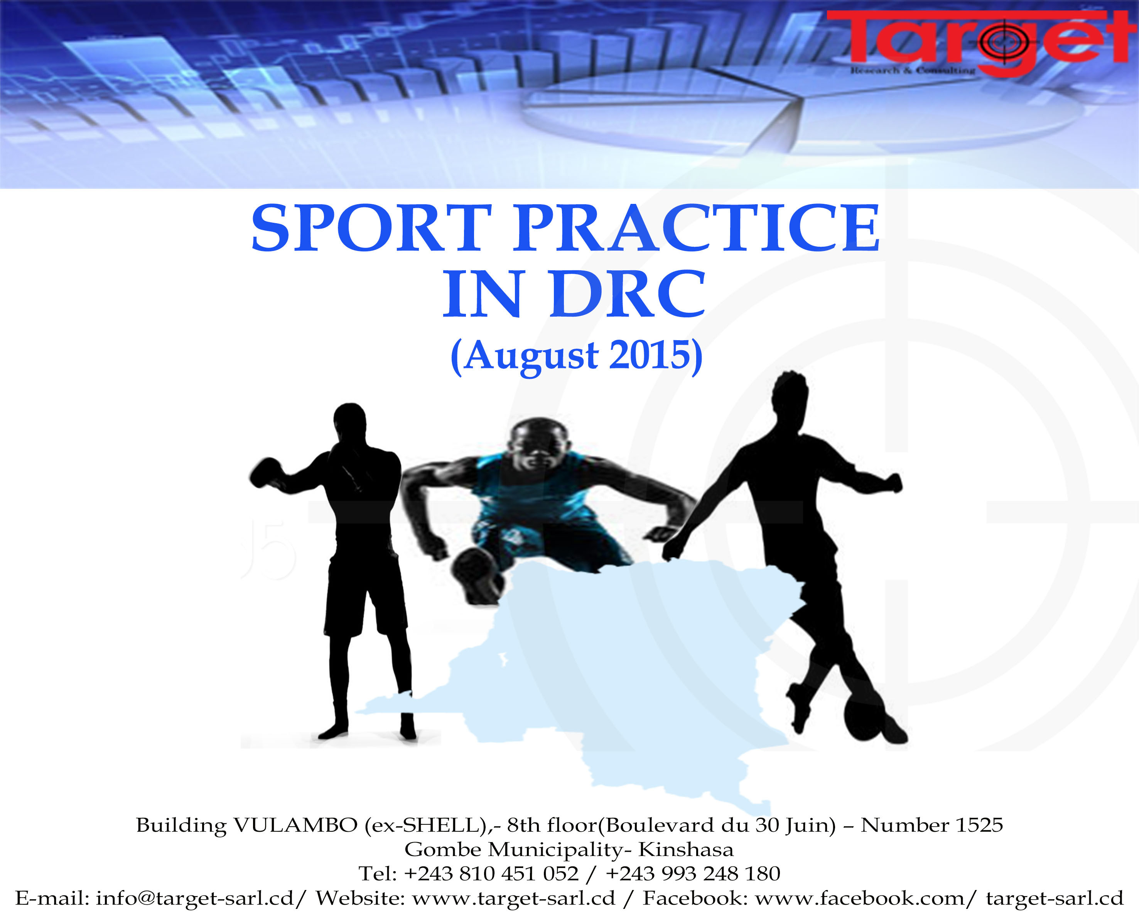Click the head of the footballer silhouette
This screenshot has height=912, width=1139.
pos(790,394)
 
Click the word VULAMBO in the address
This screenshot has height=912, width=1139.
pos(296,825)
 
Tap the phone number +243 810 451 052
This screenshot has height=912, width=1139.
pos(491,873)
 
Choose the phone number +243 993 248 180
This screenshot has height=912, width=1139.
pos(693,873)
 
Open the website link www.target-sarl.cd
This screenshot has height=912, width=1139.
pos(513,898)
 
